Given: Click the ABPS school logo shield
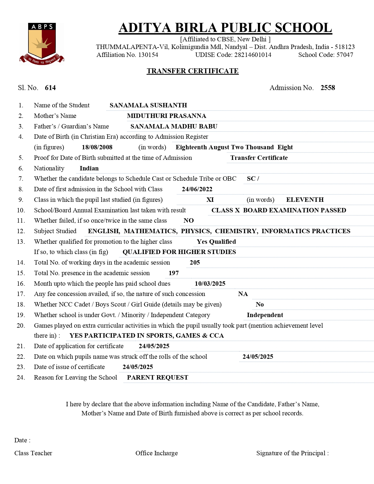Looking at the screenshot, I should click(x=42, y=43).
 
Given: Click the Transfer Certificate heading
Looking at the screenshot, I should click(x=192, y=71).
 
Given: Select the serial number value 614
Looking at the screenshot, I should click(x=50, y=88).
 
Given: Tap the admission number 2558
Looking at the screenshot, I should click(x=328, y=88).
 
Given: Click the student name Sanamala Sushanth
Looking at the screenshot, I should click(x=148, y=105).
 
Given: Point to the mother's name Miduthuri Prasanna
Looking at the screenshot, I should click(x=166, y=116).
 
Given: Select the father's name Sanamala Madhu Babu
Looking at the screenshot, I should click(x=174, y=126).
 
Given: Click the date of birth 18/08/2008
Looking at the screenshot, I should click(x=97, y=147).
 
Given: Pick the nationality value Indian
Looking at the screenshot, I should click(x=89, y=168).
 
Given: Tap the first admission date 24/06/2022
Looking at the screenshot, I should click(x=197, y=189).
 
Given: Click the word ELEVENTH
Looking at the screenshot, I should click(x=305, y=200).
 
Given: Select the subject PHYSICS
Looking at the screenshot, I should click(x=196, y=231).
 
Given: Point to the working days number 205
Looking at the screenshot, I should click(x=195, y=263).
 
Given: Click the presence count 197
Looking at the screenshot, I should click(x=174, y=273).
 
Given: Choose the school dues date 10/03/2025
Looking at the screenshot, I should click(x=210, y=284).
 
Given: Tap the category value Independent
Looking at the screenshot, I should click(x=265, y=315).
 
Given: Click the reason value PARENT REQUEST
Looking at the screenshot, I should click(x=158, y=378).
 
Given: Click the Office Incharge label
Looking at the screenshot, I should click(x=156, y=453).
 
